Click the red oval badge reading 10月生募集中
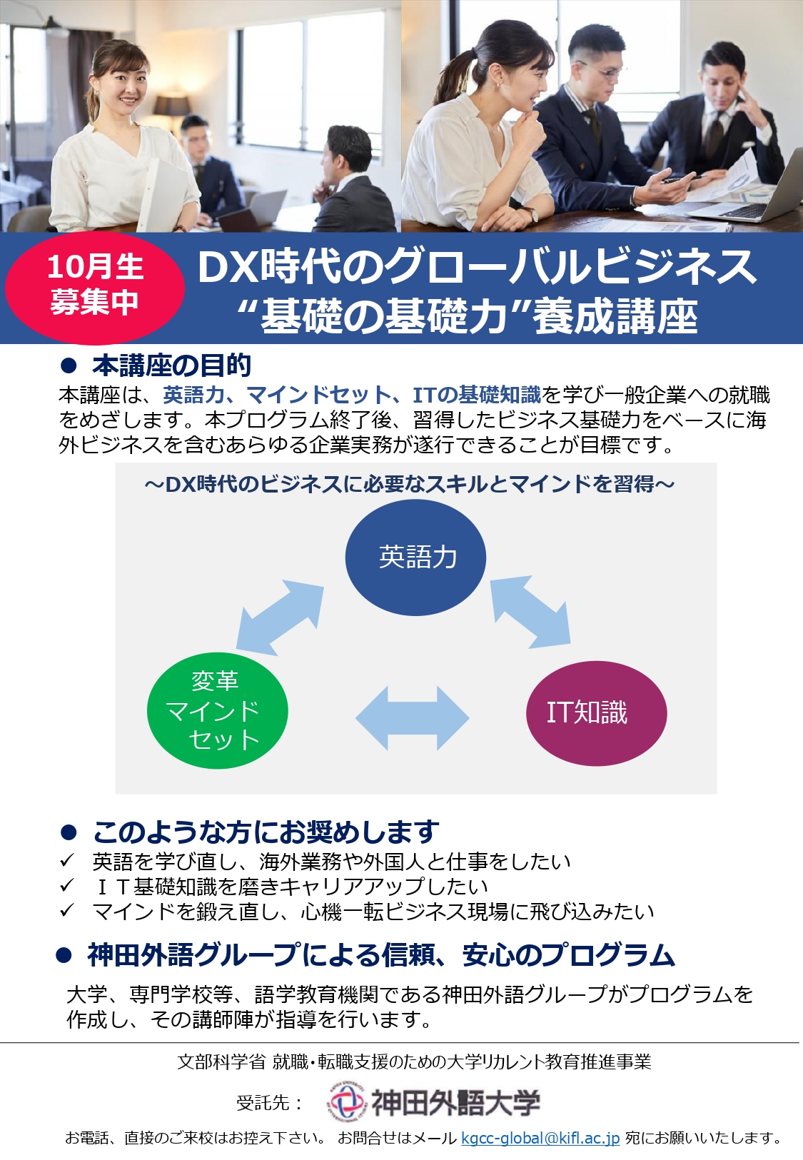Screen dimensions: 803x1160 [95, 288]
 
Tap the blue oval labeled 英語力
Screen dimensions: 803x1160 [415, 558]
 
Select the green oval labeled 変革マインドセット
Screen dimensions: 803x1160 [218, 710]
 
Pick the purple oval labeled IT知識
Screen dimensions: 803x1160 [597, 713]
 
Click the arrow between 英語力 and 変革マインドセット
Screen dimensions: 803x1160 [280, 617]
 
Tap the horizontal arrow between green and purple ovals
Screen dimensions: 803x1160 [412, 717]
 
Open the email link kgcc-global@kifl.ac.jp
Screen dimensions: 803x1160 [540, 1138]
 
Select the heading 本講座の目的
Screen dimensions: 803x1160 [171, 365]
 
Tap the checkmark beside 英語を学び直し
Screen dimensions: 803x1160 [67, 861]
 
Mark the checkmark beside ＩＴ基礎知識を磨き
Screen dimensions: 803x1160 [67, 886]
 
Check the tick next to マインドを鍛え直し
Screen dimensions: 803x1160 [67, 910]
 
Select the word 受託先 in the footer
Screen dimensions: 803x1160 [262, 1102]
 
